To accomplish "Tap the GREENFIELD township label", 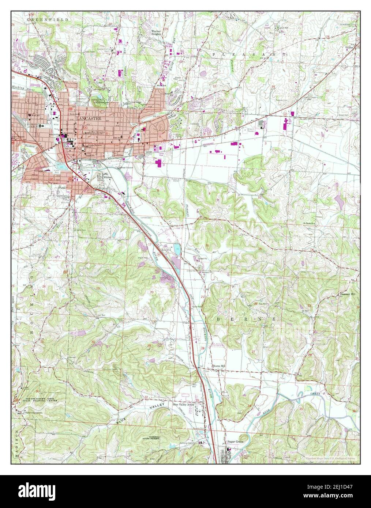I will [x=48, y=18].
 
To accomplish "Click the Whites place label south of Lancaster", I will [x=107, y=177].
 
